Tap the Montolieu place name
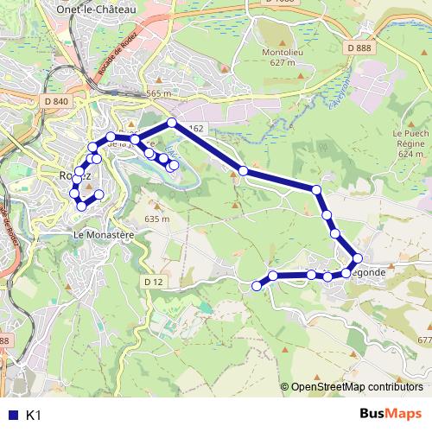tap(281, 52)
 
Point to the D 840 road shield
tap(55, 102)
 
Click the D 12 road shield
tap(153, 282)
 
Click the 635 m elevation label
tap(157, 219)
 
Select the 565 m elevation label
tap(160, 93)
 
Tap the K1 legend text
tap(34, 416)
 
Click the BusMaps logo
tap(390, 415)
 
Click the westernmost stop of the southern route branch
tap(257, 285)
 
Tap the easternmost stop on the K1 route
tap(357, 257)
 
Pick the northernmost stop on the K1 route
tap(172, 123)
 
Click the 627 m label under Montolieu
tap(281, 62)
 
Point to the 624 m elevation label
tap(411, 153)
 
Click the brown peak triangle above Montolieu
tap(282, 41)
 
